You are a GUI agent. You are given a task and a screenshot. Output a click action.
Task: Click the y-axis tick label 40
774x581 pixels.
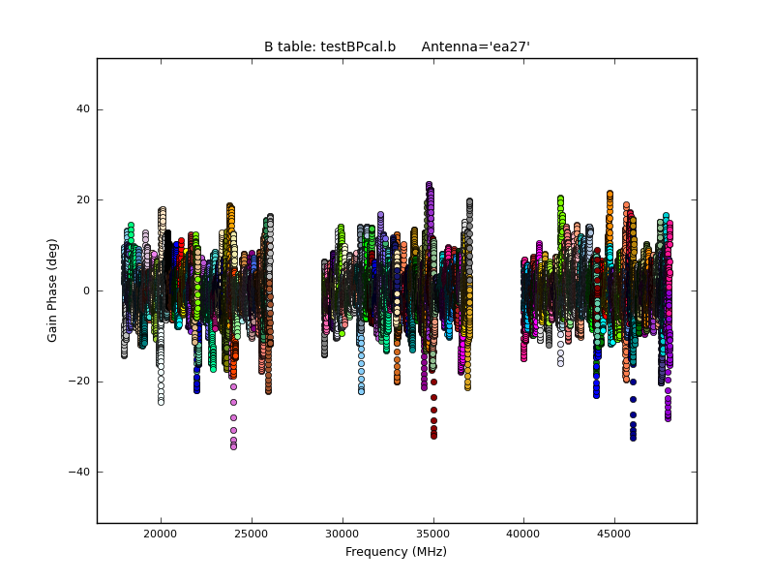pos(83,109)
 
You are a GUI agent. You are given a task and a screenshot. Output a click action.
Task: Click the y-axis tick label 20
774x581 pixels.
pos(83,200)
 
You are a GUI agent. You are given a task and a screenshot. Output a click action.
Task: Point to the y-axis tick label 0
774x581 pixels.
pos(87,290)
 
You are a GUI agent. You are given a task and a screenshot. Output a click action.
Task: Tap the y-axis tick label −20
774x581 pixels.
pos(80,382)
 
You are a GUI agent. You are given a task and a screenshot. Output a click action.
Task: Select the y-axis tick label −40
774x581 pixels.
pos(80,472)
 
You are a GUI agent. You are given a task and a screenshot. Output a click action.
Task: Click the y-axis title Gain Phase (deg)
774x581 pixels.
pos(53,290)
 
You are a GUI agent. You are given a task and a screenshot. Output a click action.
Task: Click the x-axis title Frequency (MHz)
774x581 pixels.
pos(396,552)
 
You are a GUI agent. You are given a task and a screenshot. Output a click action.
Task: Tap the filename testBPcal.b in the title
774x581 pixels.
pos(357,46)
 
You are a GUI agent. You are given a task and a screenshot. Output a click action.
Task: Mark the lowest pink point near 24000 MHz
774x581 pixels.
pos(233,446)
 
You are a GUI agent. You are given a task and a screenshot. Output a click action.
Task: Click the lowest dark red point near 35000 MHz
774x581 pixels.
pos(433,437)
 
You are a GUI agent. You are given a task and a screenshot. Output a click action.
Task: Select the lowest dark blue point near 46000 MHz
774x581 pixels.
pos(633,438)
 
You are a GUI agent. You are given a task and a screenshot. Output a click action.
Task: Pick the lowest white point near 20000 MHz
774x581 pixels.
pos(161,401)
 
